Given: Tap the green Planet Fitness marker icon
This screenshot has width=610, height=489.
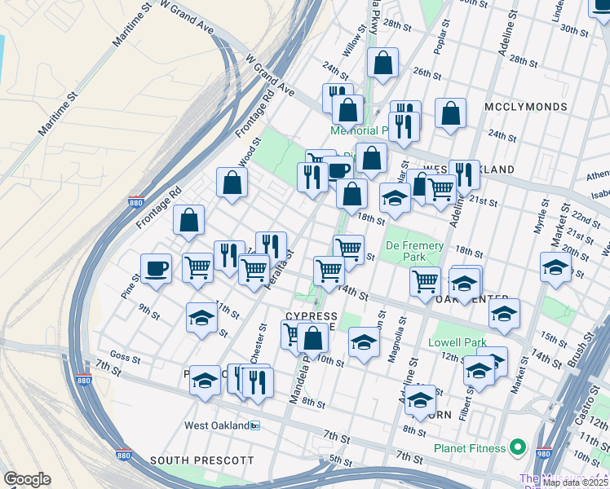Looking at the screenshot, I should (517, 447).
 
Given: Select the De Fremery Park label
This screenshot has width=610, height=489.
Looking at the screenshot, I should (414, 251).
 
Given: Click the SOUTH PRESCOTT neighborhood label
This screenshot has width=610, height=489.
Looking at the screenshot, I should (201, 460).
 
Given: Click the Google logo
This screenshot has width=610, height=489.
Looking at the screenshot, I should (27, 479).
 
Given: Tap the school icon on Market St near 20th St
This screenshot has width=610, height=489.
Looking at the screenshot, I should (555, 267).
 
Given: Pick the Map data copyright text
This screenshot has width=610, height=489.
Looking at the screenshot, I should (575, 482).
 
